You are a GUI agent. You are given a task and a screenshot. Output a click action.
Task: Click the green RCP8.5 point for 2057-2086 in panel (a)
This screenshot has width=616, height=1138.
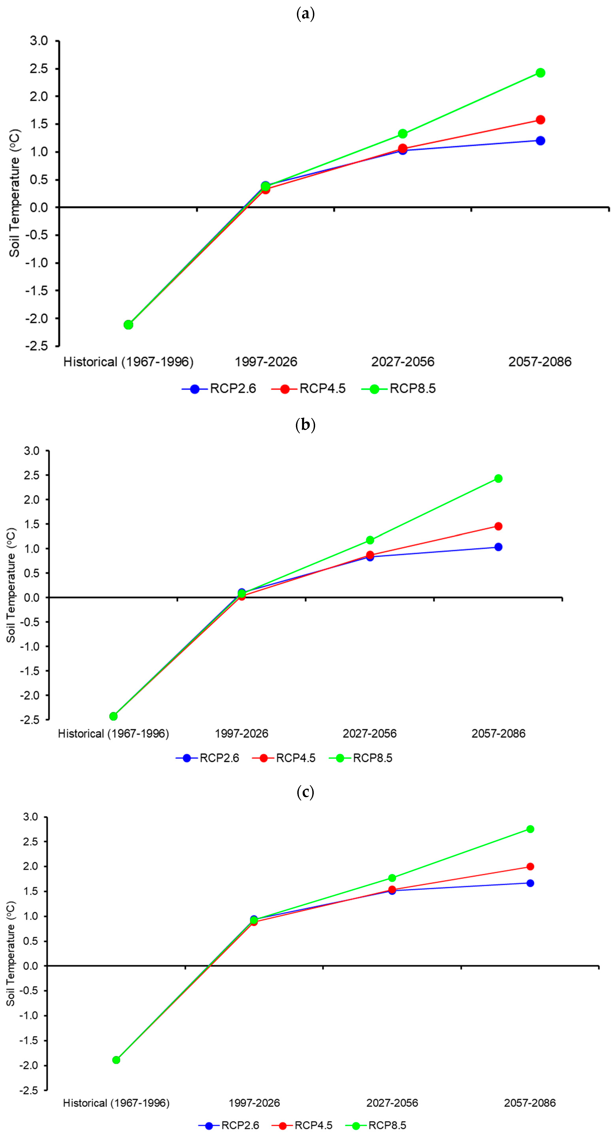540,73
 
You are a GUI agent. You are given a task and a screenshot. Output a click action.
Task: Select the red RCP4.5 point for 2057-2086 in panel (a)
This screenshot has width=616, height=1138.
540,120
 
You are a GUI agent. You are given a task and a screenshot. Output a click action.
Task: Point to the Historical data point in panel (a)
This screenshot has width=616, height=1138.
128,325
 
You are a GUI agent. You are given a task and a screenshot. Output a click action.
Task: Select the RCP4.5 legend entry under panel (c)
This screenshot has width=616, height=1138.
303,1125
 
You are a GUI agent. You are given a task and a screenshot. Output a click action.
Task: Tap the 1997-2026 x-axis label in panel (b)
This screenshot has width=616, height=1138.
241,734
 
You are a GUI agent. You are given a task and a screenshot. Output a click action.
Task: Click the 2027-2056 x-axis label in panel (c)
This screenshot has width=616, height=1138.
392,1103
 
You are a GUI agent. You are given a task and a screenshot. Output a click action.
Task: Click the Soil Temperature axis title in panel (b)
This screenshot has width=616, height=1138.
11,585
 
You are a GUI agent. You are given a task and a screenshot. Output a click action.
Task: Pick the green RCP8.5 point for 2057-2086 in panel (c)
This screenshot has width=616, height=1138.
530,829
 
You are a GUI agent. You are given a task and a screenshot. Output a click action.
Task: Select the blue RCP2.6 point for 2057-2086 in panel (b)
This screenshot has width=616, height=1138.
498,547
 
